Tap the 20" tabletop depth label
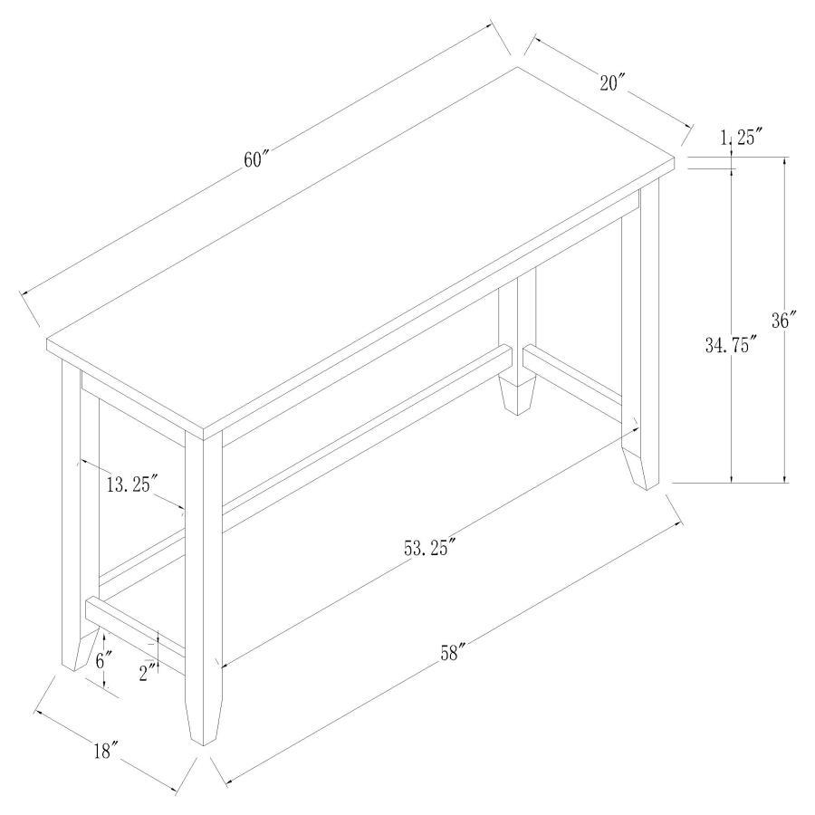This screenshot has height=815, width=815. [x=613, y=82]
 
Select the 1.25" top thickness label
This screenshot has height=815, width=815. [x=742, y=138]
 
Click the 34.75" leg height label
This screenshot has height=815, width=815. [x=730, y=345]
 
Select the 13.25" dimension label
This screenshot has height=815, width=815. [x=132, y=484]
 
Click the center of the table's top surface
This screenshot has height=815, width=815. [x=362, y=244]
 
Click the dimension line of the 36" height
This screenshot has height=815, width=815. [x=784, y=407]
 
